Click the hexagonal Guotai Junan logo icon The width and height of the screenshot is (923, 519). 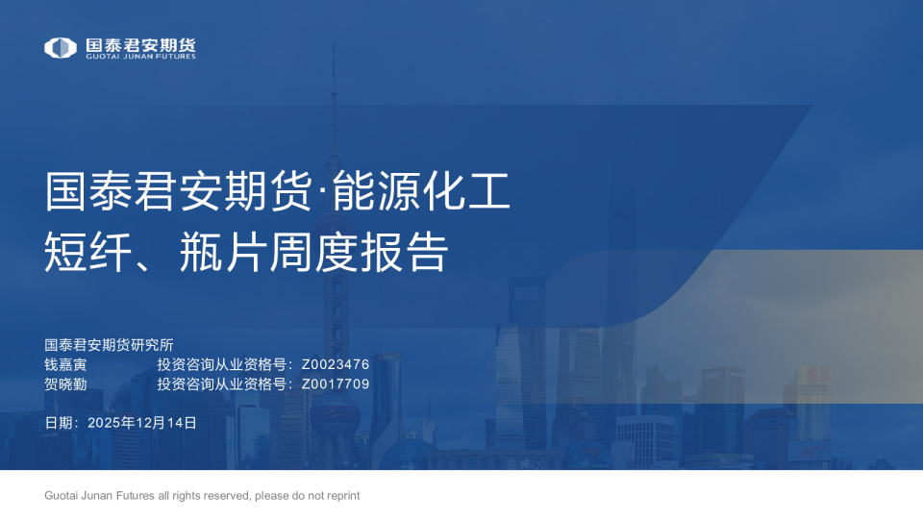click(61, 47)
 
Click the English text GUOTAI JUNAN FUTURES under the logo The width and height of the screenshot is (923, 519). click(140, 57)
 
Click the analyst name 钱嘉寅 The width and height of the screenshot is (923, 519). click(65, 364)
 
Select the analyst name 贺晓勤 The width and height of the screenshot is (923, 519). click(65, 383)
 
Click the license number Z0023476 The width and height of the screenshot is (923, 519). click(335, 364)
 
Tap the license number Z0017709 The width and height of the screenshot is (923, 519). click(335, 383)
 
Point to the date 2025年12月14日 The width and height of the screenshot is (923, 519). click(142, 422)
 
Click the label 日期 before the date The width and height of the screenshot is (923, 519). click(59, 422)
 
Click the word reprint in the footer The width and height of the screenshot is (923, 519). click(341, 496)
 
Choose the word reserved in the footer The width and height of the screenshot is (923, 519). click(227, 496)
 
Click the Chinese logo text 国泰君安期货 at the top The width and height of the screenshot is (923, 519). click(140, 44)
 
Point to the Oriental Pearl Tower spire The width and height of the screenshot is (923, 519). click(334, 86)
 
